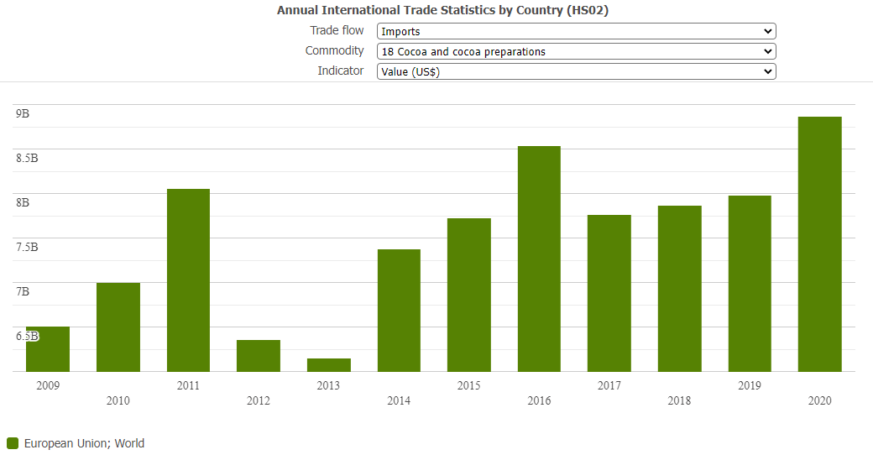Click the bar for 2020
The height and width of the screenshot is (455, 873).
(x=819, y=243)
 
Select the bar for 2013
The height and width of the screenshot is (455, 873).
(x=328, y=364)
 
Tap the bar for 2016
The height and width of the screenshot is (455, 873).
(x=539, y=259)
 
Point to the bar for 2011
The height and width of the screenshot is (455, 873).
(x=188, y=280)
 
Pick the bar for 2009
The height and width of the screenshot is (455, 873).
(x=48, y=348)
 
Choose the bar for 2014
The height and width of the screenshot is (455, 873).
(x=399, y=310)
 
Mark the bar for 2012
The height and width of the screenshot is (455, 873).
(x=259, y=355)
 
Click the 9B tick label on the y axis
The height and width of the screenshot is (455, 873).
(x=23, y=113)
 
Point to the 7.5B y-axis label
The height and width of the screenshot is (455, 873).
(x=27, y=247)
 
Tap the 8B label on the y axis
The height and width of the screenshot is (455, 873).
(x=23, y=202)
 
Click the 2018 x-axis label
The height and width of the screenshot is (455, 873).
(x=679, y=400)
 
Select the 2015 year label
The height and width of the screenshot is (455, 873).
(x=468, y=385)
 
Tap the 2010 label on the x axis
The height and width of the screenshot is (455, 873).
(x=118, y=400)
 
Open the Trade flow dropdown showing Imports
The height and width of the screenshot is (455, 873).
(x=576, y=31)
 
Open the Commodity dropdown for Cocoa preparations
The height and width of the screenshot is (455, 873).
(x=576, y=51)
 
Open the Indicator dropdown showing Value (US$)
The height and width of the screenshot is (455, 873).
(x=576, y=71)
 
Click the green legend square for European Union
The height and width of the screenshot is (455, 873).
(x=13, y=443)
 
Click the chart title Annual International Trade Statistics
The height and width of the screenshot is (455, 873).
(x=442, y=10)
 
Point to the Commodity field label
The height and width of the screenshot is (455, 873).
(x=334, y=51)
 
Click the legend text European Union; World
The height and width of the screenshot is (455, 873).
(x=84, y=443)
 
